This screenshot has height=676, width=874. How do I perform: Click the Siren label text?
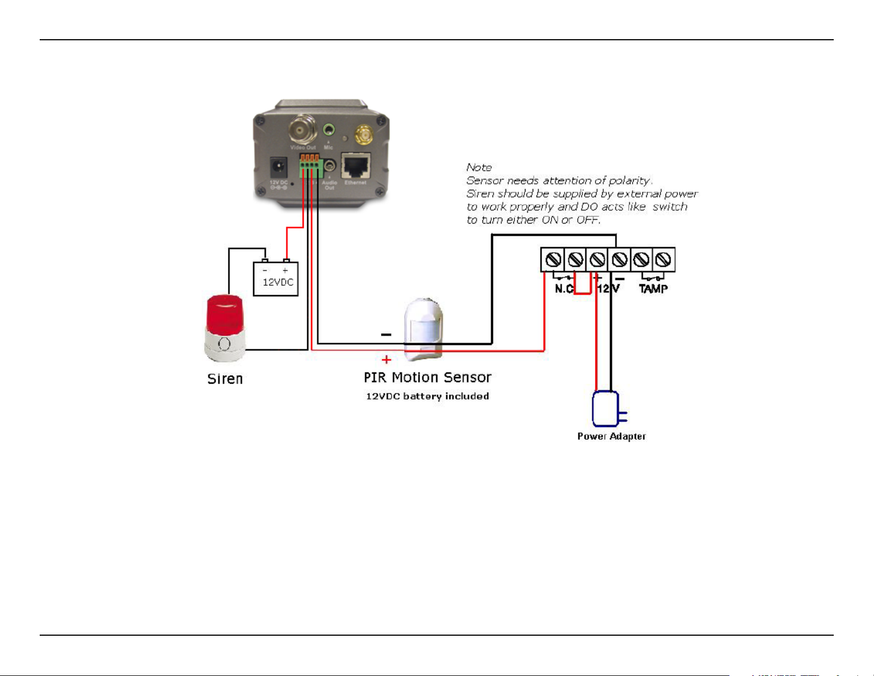225,379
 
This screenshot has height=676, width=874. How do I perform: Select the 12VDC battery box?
276,279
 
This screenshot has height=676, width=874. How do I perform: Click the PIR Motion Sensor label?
427,377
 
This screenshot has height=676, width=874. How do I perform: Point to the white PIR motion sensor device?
423,328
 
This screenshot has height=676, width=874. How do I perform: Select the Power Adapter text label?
612,437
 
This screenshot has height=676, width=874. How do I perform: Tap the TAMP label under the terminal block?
653,289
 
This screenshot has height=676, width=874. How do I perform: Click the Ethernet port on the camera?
356,166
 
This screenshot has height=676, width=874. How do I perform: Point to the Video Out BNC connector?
303,129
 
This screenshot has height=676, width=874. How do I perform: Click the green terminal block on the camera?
310,167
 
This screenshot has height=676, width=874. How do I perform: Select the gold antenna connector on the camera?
363,134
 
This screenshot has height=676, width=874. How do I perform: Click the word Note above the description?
479,167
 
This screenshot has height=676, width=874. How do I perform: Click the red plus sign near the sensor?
387,360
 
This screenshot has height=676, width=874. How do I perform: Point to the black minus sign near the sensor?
387,334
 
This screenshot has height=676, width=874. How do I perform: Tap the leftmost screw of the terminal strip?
553,259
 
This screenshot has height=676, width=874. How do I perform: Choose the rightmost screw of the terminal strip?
663,259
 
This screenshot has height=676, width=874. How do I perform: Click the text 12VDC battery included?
427,396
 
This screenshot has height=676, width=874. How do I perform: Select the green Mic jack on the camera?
329,130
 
